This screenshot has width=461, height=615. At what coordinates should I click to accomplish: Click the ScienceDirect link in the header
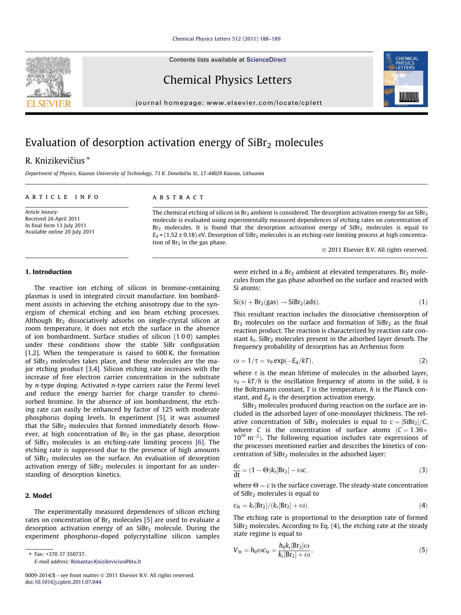pyautogui.click(x=266, y=59)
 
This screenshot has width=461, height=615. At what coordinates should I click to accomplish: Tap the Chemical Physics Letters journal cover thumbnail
pyautogui.click(x=406, y=79)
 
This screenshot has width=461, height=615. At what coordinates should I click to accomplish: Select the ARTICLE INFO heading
pyautogui.click(x=62, y=197)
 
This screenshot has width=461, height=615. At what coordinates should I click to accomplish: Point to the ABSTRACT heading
pyautogui.click(x=178, y=197)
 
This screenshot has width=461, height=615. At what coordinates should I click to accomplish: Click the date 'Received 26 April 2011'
pyautogui.click(x=52, y=219)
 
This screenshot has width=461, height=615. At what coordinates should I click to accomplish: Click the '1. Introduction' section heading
pyautogui.click(x=48, y=272)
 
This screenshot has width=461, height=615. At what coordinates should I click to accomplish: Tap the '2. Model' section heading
pyautogui.click(x=38, y=496)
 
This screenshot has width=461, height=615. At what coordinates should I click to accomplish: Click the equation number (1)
pyautogui.click(x=423, y=302)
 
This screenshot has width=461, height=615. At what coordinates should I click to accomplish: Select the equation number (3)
pyautogui.click(x=423, y=470)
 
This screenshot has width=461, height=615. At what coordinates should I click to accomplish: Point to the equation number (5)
pyautogui.click(x=423, y=550)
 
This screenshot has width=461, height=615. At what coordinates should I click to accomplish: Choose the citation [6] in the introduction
pyautogui.click(x=199, y=442)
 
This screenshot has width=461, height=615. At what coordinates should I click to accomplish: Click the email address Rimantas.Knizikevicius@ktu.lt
pyautogui.click(x=106, y=562)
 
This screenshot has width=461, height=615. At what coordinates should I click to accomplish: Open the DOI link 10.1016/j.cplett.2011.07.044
pyautogui.click(x=68, y=582)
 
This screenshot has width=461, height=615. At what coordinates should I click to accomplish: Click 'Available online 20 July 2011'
pyautogui.click(x=60, y=232)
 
